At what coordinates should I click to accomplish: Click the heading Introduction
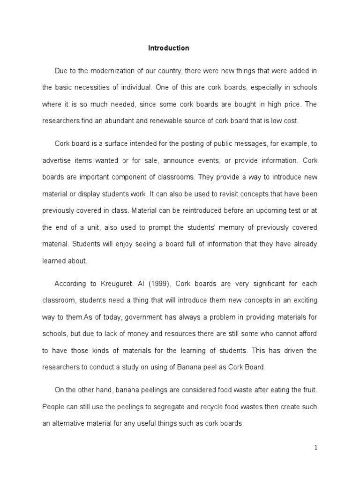pyautogui.click(x=169, y=48)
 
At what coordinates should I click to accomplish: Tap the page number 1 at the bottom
pyautogui.click(x=316, y=448)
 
